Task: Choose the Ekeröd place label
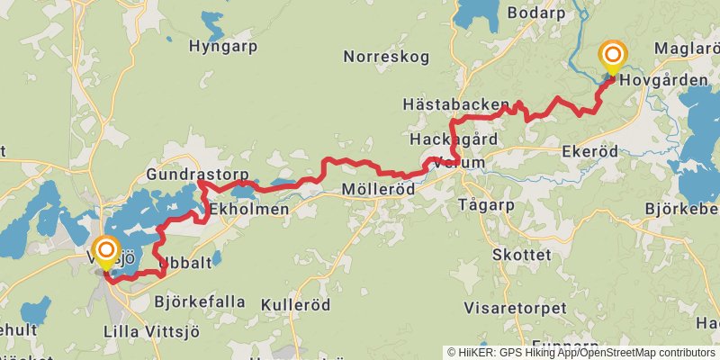pyautogui.click(x=589, y=151)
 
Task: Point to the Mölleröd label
pyautogui.click(x=379, y=190)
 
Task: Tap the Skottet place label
pyautogui.click(x=522, y=255)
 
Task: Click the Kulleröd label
pyautogui.click(x=291, y=305)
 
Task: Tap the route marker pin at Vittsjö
pyautogui.click(x=106, y=252)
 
